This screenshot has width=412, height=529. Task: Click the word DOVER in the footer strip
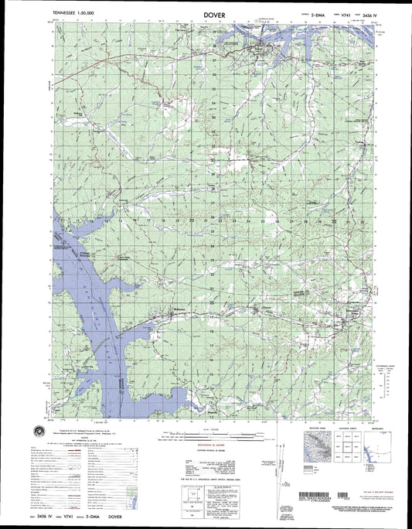tap(121, 513)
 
